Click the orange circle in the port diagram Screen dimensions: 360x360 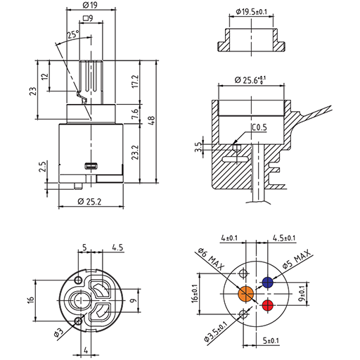pyautogui.click(x=246, y=293)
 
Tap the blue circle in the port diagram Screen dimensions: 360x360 pyautogui.click(x=267, y=283)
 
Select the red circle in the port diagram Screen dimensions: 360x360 pyautogui.click(x=267, y=305)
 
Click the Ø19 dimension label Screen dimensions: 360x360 pyautogui.click(x=90, y=5)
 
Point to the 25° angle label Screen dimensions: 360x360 pyautogui.click(x=73, y=34)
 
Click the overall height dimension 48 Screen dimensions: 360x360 pyautogui.click(x=151, y=121)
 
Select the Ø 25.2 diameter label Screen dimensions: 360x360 pyautogui.click(x=89, y=201)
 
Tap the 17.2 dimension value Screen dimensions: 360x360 pyautogui.click(x=135, y=82)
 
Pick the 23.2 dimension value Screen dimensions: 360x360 pyautogui.click(x=135, y=153)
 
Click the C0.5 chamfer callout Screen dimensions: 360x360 pyautogui.click(x=259, y=127)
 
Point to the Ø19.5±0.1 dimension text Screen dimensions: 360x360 pyautogui.click(x=251, y=11)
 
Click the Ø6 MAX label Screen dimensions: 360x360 pyautogui.click(x=211, y=259)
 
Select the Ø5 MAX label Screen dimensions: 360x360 pyautogui.click(x=296, y=259)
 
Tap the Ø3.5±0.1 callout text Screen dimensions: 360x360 pyautogui.click(x=216, y=333)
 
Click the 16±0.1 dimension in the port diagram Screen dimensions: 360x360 pyautogui.click(x=195, y=294)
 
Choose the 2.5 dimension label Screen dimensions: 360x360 pyautogui.click(x=44, y=167)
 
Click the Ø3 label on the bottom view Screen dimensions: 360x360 pyautogui.click(x=58, y=332)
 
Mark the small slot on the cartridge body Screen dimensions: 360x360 pyautogui.click(x=91, y=166)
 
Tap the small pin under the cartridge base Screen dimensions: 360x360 pyautogui.click(x=78, y=186)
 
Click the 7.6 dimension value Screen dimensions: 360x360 pyautogui.click(x=135, y=114)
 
